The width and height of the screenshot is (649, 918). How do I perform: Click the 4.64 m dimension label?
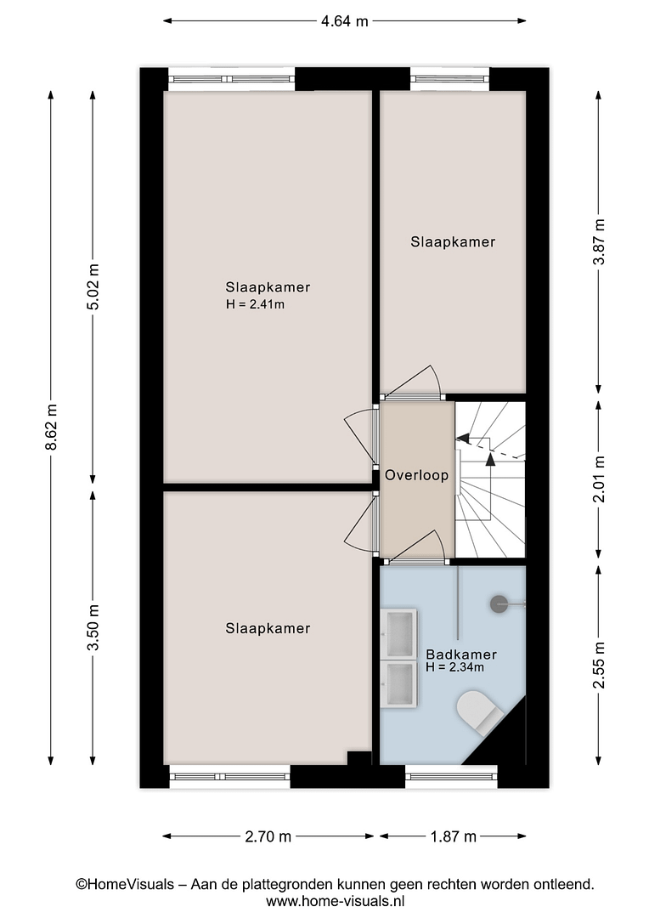pos(345,21)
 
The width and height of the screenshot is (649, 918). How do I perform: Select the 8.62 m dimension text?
pos(52,427)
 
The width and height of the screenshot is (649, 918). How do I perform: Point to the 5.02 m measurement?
pos(93,287)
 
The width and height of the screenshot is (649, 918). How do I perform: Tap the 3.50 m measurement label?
pos(93,626)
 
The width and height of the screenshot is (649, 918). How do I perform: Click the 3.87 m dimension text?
pos(599,241)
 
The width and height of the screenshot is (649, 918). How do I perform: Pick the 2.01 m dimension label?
pos(599,479)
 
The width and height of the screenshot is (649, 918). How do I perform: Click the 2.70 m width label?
pos(268,836)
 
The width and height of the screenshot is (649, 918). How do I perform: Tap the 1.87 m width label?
pos(453,836)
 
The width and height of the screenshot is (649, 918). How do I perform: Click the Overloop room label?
pos(417,475)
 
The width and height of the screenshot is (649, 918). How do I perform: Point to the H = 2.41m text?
pos(255,304)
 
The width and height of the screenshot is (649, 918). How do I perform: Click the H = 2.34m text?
pos(454,667)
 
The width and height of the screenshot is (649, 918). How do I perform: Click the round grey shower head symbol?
pos(499,603)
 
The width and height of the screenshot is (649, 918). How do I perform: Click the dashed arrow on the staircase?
pos(488,447)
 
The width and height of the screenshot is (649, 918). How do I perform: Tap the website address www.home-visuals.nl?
pos(336,901)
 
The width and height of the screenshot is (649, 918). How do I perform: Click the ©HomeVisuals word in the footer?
pos(125,884)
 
